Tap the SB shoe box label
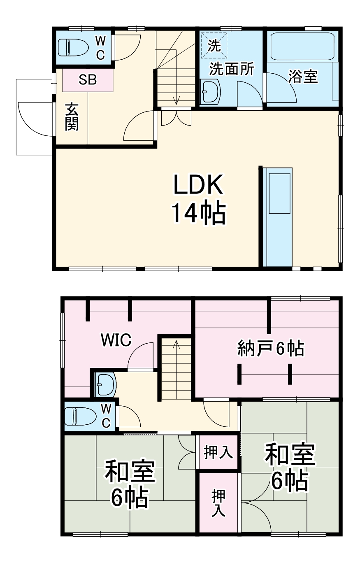click(x=88, y=80)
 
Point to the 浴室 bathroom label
click(x=303, y=77)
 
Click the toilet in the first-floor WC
click(x=73, y=47)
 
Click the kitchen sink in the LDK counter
click(x=280, y=193)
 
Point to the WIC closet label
click(x=116, y=340)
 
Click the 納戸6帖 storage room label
click(x=270, y=349)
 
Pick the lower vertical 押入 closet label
click(x=218, y=503)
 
